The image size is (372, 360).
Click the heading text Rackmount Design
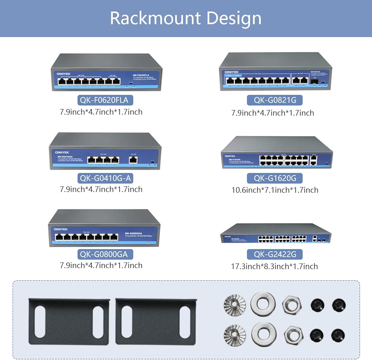click(186, 18)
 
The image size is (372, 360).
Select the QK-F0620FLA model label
click(106, 100)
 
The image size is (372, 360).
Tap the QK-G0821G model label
click(275, 100)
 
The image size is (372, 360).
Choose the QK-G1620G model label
click(275, 178)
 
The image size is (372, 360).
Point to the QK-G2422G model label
click(275, 255)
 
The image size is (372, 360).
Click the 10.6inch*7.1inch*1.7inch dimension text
click(275, 190)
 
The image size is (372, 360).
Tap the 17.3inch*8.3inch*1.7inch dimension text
click(275, 266)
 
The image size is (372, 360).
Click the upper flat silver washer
click(263, 304)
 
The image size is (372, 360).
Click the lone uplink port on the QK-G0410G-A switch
click(133, 160)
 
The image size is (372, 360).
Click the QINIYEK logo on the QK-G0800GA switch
click(60, 229)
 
